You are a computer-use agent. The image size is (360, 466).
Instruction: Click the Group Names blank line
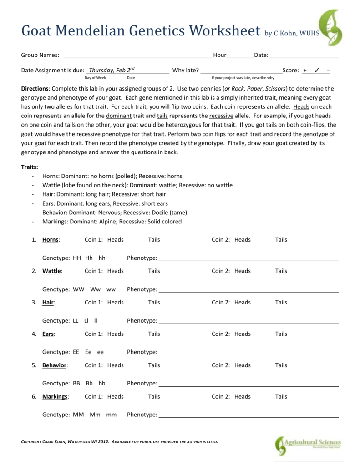coord(137,56)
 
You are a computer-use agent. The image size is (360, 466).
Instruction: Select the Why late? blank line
coord(241,71)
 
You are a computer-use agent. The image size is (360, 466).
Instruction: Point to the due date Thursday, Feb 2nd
coord(112,70)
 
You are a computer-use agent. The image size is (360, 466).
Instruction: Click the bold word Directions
coord(35,89)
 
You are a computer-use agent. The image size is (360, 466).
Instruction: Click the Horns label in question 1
coord(51,240)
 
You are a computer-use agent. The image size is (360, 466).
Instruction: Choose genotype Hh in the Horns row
coord(89,258)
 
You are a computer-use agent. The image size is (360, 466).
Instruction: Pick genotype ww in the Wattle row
coord(111,289)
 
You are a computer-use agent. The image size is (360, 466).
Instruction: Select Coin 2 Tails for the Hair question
coord(281,302)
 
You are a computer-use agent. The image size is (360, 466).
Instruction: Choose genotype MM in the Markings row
coord(78,415)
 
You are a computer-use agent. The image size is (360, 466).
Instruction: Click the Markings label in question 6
coord(55,397)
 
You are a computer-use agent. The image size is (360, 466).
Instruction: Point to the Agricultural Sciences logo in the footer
coord(307,445)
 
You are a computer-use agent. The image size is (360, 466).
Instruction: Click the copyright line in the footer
coord(120,441)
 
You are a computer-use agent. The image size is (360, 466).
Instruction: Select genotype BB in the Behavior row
coord(76,384)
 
